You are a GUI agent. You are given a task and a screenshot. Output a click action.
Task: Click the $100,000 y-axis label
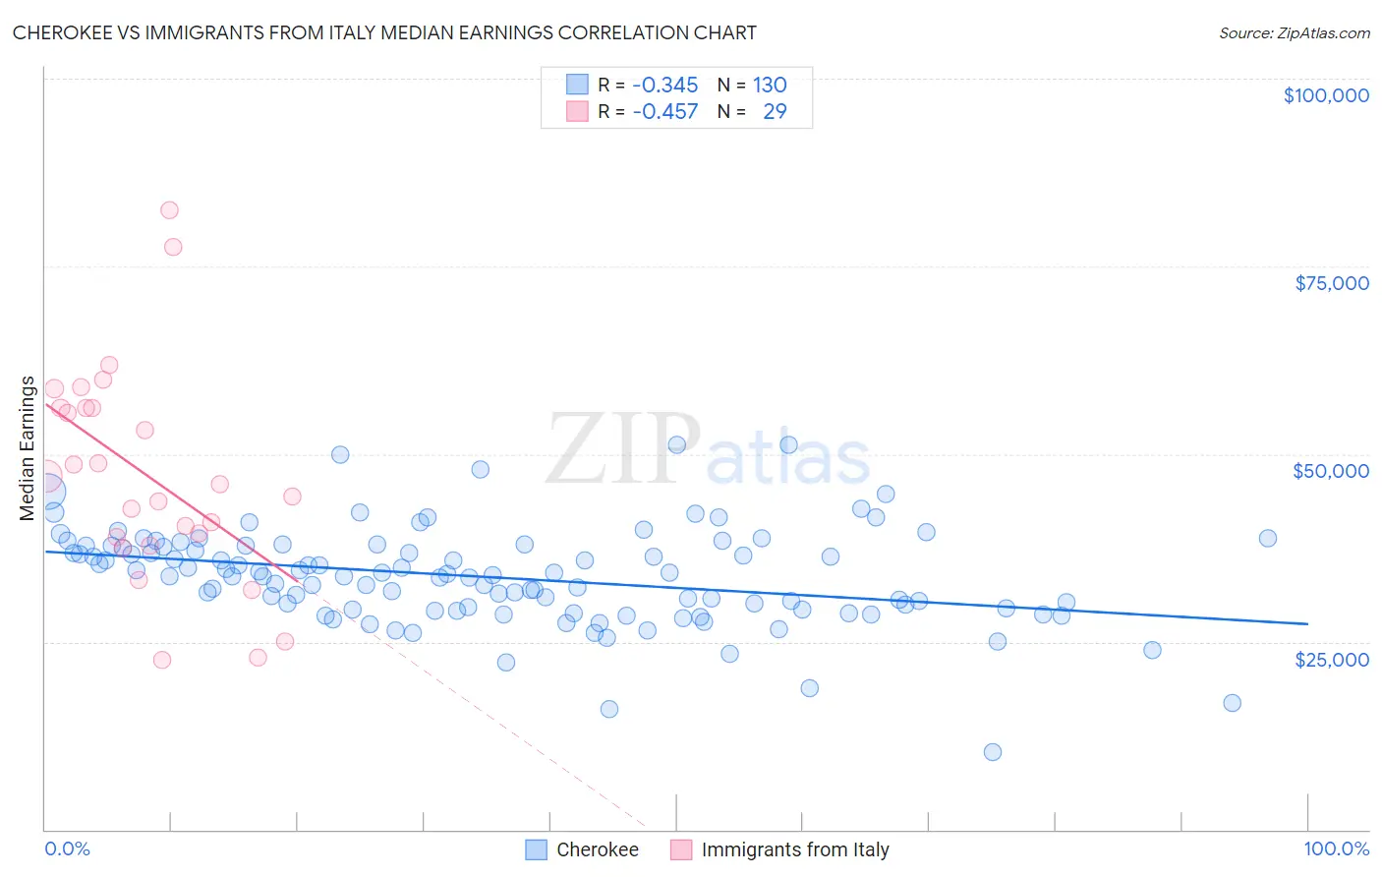pyautogui.click(x=1326, y=95)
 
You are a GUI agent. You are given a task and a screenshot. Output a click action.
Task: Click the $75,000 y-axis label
pyautogui.click(x=1332, y=283)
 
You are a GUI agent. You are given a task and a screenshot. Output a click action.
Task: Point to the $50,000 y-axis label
pyautogui.click(x=1331, y=471)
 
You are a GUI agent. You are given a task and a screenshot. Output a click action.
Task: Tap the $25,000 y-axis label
pyautogui.click(x=1332, y=659)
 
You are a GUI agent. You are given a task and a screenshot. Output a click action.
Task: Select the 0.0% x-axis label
pyautogui.click(x=67, y=848)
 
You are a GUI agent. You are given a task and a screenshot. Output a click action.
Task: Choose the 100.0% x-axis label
pyautogui.click(x=1336, y=848)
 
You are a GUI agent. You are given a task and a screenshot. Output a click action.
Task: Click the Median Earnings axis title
pyautogui.click(x=28, y=448)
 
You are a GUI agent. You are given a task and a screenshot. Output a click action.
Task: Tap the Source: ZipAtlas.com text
pyautogui.click(x=1294, y=32)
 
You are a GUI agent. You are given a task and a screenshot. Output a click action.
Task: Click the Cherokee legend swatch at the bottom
pyautogui.click(x=536, y=849)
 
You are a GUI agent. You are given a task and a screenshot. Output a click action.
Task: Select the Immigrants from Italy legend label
pyautogui.click(x=794, y=849)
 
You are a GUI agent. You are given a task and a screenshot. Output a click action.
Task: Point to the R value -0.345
pyautogui.click(x=665, y=85)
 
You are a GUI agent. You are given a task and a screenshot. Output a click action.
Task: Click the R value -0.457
pyautogui.click(x=665, y=111)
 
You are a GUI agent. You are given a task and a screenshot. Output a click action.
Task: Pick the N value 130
pyautogui.click(x=770, y=85)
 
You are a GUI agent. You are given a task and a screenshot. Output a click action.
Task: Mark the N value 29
pyautogui.click(x=775, y=111)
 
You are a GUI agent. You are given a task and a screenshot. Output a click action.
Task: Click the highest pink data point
pyautogui.click(x=169, y=210)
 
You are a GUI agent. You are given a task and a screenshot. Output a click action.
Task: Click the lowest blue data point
pyautogui.click(x=993, y=752)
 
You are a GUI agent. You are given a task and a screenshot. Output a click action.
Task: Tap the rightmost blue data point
pyautogui.click(x=1268, y=538)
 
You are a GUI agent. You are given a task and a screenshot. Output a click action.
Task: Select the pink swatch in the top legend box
pyautogui.click(x=577, y=111)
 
